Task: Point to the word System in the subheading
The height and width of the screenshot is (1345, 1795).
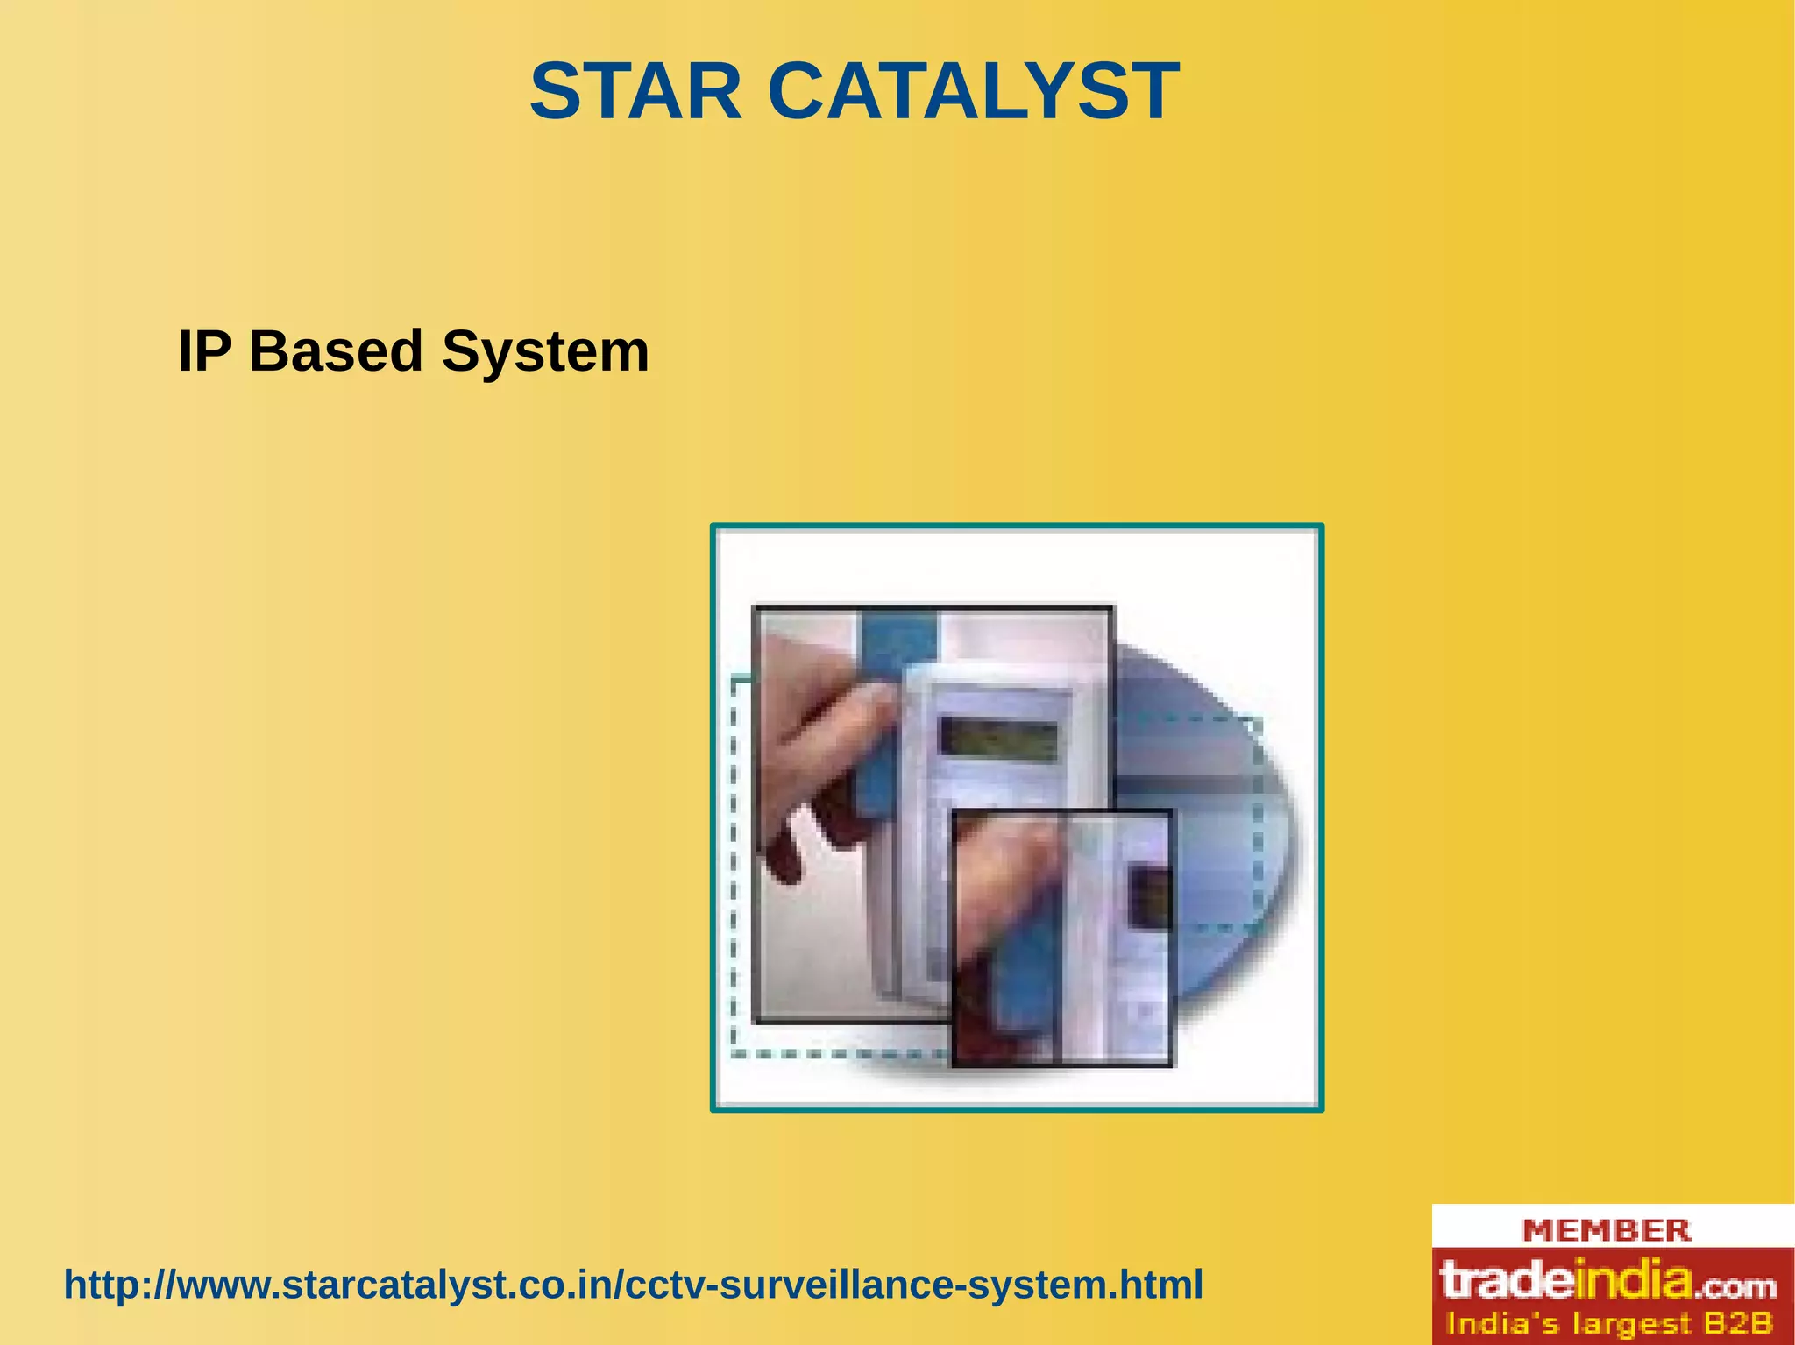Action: coord(545,351)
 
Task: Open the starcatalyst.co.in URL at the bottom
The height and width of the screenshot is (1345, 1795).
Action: coord(633,1285)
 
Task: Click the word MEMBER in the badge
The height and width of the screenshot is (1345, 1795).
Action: coord(1606,1230)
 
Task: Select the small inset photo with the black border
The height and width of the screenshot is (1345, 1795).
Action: coord(1062,938)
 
